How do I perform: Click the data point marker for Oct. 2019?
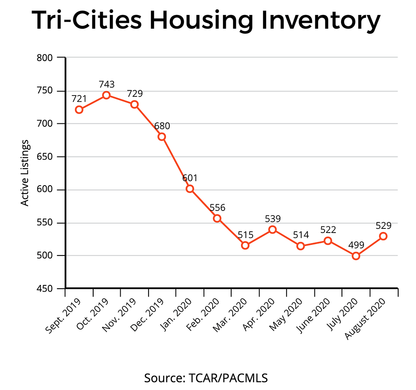(x=106, y=95)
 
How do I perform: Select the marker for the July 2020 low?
(x=356, y=256)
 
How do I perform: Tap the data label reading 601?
(x=190, y=178)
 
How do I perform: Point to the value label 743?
(x=106, y=84)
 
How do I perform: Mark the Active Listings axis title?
(x=25, y=173)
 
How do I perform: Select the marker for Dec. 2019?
(x=162, y=137)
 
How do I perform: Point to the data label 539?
(x=273, y=218)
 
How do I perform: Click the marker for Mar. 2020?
(x=245, y=245)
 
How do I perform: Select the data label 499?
(x=356, y=245)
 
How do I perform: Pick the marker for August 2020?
(x=383, y=236)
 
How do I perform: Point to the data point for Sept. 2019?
(x=79, y=110)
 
